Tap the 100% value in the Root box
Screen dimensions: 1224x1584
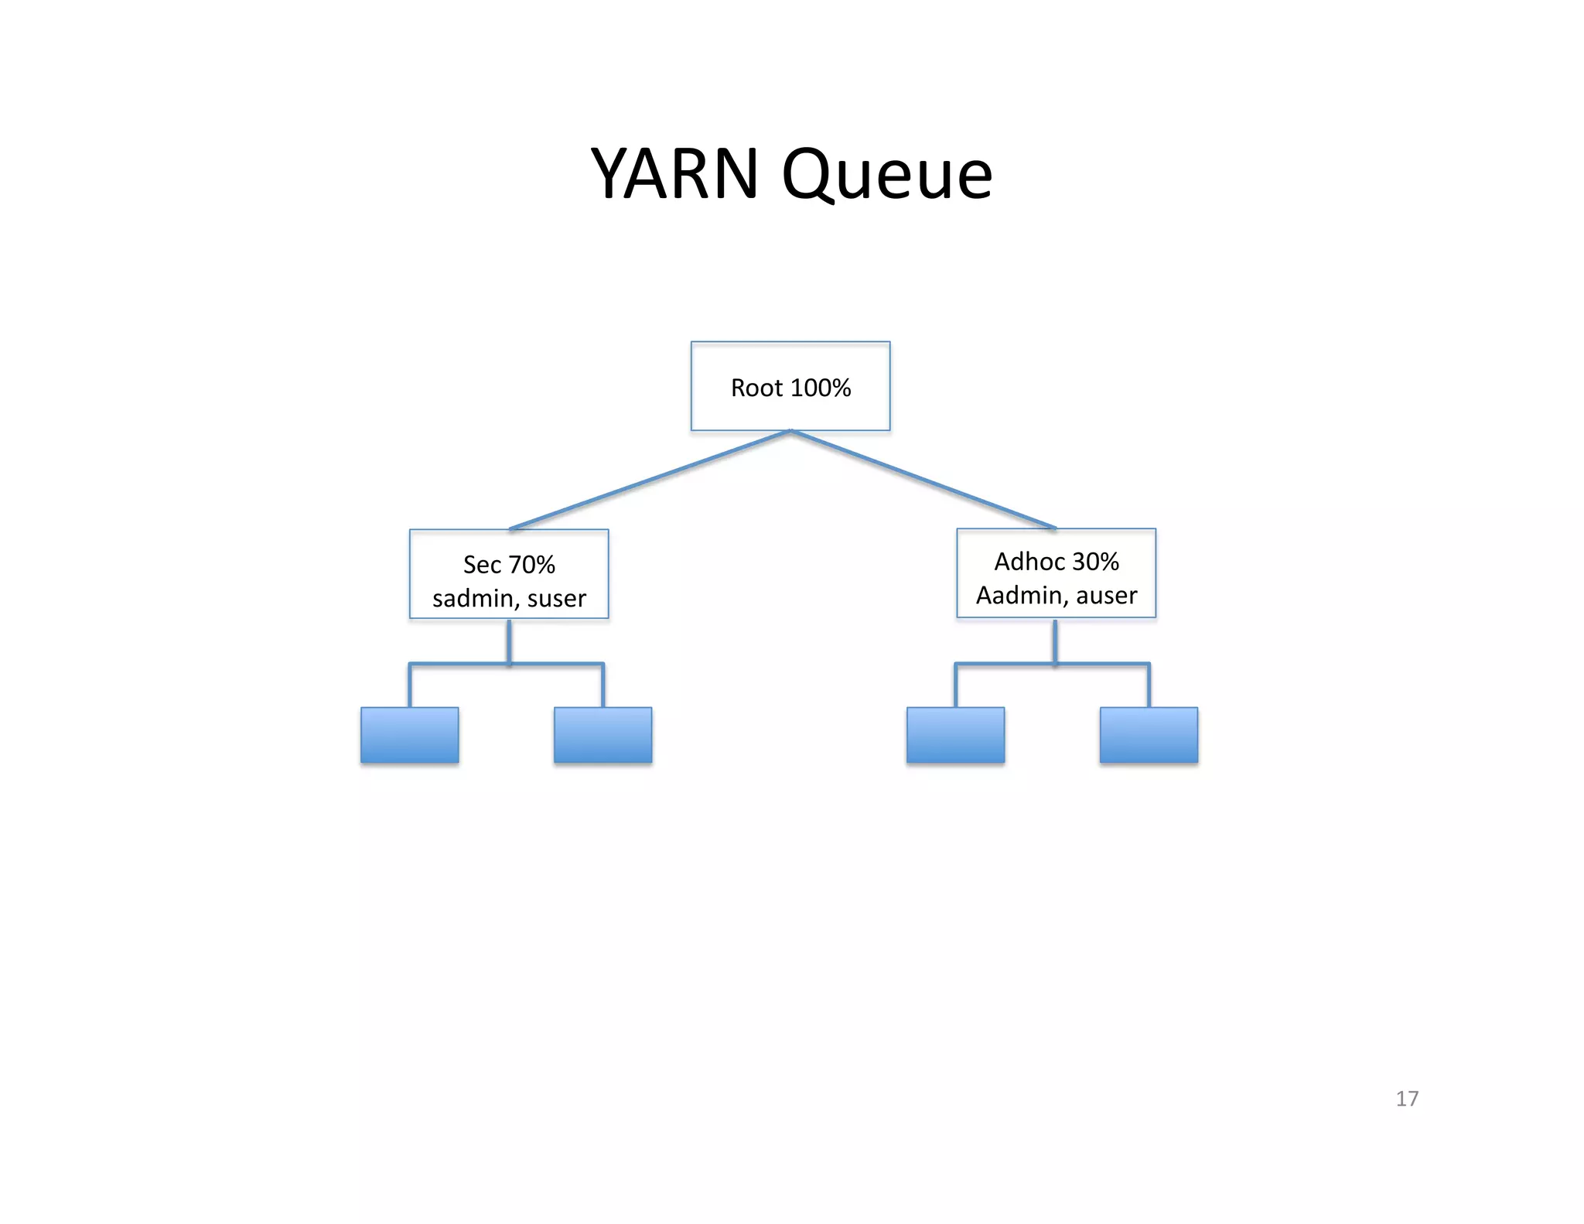[x=821, y=388]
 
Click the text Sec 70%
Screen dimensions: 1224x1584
[x=509, y=565]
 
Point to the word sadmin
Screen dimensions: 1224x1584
[x=473, y=598]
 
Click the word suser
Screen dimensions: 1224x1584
[x=556, y=598]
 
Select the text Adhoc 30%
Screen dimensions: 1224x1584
[x=1056, y=562]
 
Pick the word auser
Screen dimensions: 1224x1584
[x=1106, y=595]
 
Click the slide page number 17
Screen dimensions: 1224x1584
[x=1406, y=1099]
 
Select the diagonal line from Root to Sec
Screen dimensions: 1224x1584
[x=650, y=480]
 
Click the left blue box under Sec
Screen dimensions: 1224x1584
[x=409, y=735]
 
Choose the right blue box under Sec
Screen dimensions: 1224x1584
[x=603, y=735]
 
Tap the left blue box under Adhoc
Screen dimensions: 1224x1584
[x=955, y=735]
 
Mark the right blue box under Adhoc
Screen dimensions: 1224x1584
[x=1149, y=735]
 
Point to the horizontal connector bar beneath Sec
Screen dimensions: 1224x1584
[x=464, y=664]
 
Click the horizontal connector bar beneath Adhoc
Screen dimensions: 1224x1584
[x=1005, y=664]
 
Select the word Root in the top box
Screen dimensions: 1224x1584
[x=756, y=388]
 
